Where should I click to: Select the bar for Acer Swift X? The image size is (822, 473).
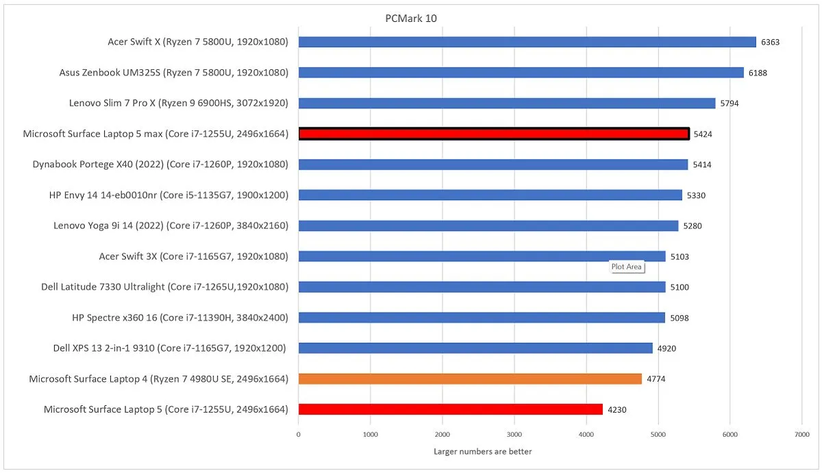point(527,42)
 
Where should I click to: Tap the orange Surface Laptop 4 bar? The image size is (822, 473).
point(470,378)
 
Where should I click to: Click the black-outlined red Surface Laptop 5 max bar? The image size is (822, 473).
point(494,134)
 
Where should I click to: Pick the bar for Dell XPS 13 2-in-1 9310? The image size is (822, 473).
point(475,348)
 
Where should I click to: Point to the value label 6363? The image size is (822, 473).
point(770,43)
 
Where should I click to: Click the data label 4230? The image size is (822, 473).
point(617,410)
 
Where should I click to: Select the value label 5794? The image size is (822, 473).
point(730,104)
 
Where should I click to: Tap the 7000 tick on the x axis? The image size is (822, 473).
point(801,435)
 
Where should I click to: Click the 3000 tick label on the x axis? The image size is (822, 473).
point(514,435)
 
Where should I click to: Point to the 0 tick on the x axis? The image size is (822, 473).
point(299,435)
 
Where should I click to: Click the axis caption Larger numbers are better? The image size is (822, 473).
point(482,452)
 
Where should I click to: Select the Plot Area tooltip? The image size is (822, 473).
point(627,267)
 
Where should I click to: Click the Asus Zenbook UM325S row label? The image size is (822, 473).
point(173,73)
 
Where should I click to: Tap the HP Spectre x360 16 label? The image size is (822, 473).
point(179,317)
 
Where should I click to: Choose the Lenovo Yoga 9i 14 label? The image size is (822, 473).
point(171,226)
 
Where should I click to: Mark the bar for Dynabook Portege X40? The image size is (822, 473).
point(493,165)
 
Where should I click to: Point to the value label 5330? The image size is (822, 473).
point(696,195)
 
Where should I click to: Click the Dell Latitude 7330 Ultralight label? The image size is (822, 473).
point(164,287)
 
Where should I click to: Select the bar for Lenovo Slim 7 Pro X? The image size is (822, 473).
point(507,104)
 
